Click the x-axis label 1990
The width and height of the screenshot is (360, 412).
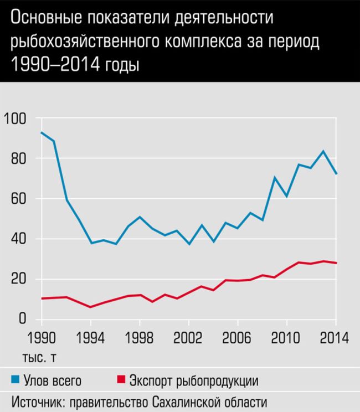pos(41,337)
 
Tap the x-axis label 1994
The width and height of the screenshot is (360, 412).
pos(90,337)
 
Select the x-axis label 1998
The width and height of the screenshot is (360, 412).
pos(140,337)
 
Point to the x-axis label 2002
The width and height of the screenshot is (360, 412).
pos(189,337)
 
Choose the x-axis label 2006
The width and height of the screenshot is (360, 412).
pos(238,337)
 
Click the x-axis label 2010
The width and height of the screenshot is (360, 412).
pos(287,337)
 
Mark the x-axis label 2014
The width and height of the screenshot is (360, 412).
pos(335,337)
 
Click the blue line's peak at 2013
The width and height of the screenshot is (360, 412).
pos(323,151)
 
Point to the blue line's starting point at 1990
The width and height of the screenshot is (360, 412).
pos(41,132)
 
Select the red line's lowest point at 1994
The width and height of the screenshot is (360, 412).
pos(90,307)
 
